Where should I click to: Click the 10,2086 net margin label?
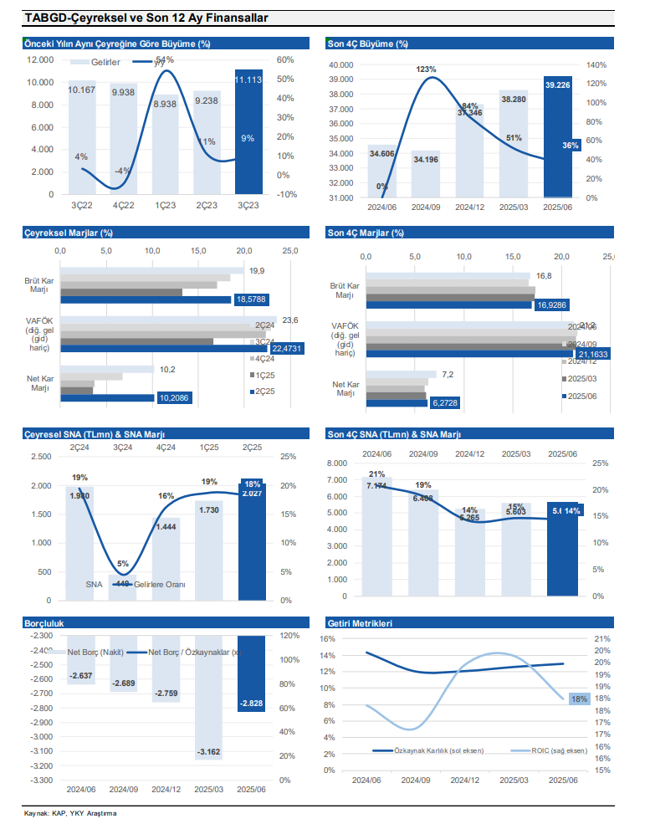(x=175, y=398)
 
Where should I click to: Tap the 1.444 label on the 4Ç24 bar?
(x=167, y=527)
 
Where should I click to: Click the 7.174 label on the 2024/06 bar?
(x=376, y=485)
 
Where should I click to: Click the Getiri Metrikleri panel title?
(x=359, y=623)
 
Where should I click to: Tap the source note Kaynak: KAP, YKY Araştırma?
(x=70, y=814)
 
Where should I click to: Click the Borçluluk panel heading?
(x=44, y=623)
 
